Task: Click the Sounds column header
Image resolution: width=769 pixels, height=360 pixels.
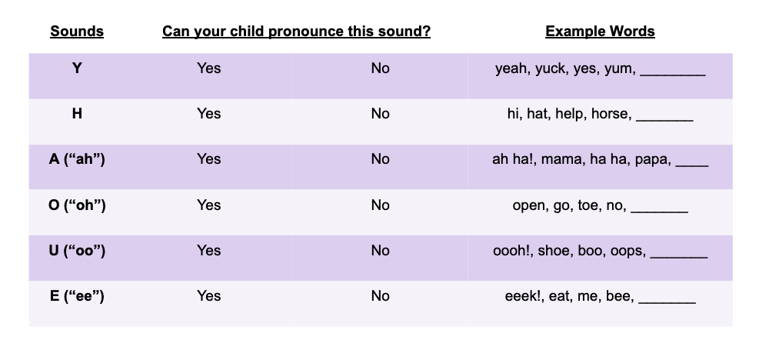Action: pos(77,32)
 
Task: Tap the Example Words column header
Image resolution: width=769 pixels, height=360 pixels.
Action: pos(600,32)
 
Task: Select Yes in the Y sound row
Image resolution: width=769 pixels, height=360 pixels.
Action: pos(208,68)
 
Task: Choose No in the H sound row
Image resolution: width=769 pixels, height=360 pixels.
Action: pos(380,113)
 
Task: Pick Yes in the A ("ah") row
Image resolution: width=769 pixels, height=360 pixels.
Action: pos(208,158)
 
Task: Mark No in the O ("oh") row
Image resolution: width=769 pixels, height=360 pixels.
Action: pos(380,205)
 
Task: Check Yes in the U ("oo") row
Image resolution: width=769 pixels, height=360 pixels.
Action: pos(208,250)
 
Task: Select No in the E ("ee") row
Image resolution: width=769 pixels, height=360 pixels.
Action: pos(380,295)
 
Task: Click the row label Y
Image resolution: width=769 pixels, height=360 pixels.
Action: pos(77,68)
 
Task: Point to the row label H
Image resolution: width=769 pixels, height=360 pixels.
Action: pos(77,113)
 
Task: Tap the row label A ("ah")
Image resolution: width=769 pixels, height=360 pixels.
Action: pos(77,158)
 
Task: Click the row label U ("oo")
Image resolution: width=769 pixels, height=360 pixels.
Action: pos(77,250)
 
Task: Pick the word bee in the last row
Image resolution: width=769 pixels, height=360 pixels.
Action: pos(619,296)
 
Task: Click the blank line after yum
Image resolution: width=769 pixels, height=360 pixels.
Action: pos(672,72)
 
